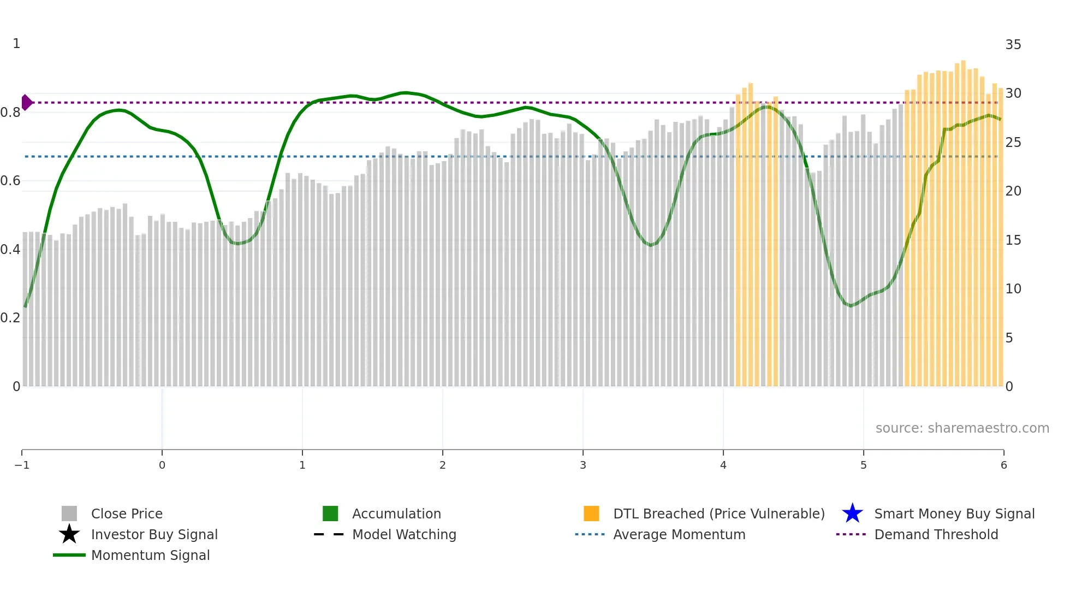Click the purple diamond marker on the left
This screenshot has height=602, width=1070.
coord(27,102)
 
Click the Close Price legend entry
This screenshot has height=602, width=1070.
coord(127,514)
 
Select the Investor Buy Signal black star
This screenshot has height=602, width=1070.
coord(69,534)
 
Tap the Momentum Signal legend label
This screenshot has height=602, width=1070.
coord(150,555)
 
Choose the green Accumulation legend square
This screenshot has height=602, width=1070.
coord(330,514)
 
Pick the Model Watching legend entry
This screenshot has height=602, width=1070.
coord(404,534)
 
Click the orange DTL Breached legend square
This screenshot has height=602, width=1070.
coord(591,514)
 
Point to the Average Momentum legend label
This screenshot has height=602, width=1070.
coord(679,534)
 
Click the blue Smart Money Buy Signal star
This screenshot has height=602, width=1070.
coord(852,514)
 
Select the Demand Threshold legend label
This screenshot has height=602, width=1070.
coord(936,534)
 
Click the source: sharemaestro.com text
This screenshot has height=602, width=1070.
coord(962,428)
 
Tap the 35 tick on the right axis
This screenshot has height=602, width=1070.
coord(1013,45)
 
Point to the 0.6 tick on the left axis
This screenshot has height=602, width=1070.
coord(10,181)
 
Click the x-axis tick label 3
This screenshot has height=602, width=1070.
coord(583,465)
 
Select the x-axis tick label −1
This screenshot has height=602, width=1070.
coord(22,465)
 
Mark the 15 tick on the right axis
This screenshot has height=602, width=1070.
coord(1013,240)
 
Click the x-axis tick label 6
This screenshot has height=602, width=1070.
coord(1003,465)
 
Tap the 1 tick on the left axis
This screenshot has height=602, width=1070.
coord(16,44)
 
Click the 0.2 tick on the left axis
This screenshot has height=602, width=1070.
coord(10,318)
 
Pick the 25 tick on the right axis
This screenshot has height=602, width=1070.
coord(1013,143)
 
